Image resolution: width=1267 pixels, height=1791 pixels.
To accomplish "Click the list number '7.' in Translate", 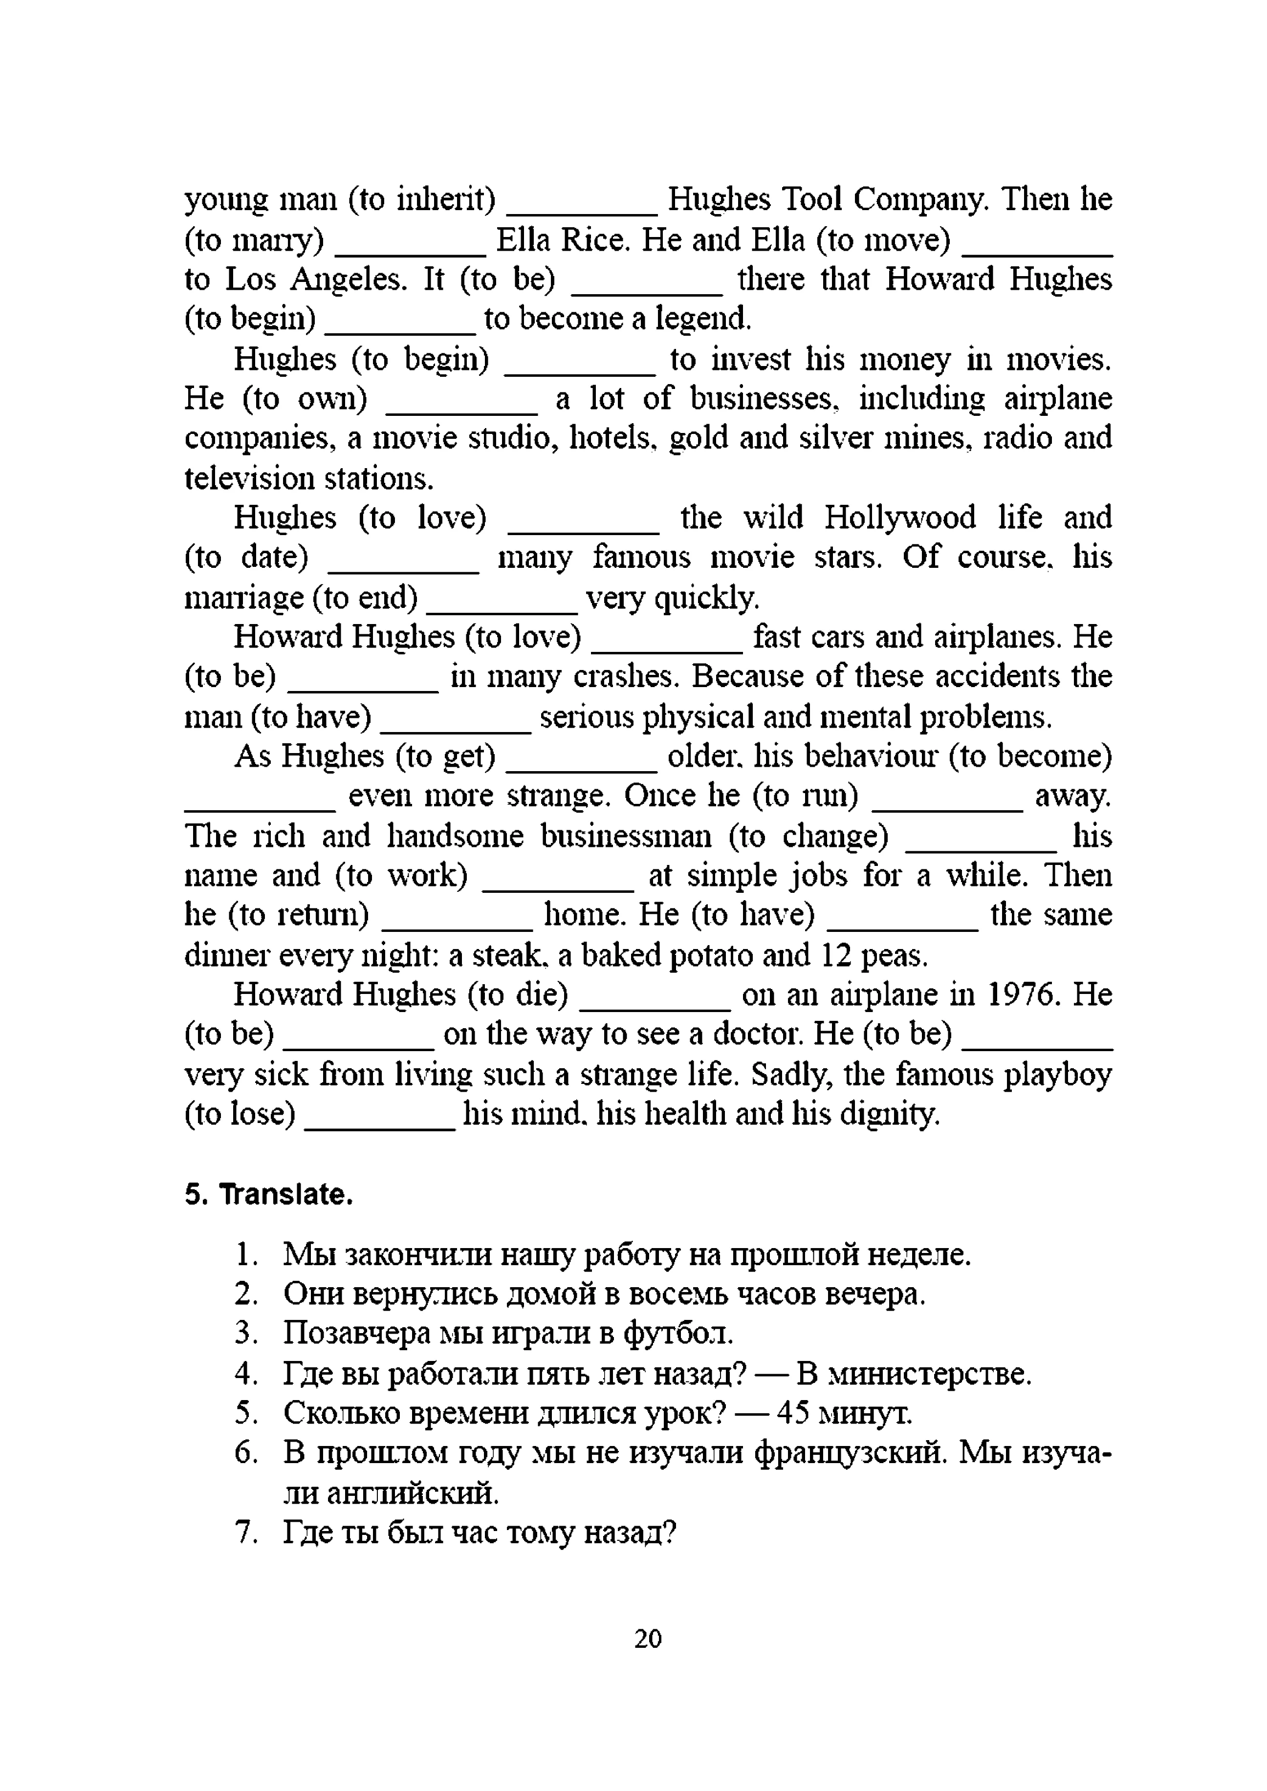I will tap(246, 1533).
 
